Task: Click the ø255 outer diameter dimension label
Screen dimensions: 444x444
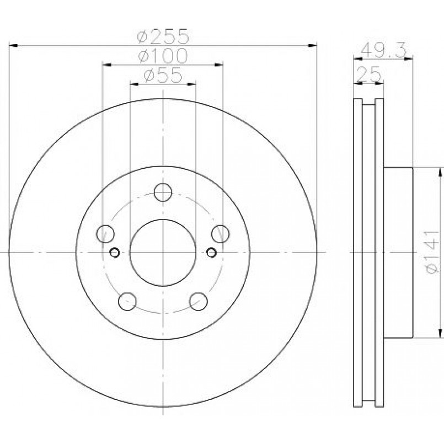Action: point(163,36)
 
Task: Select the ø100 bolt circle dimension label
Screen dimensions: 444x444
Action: point(163,56)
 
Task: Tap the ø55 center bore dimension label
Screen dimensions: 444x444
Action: point(163,75)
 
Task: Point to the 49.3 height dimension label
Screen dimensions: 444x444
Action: point(384,50)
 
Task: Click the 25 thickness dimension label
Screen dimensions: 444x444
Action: point(368,75)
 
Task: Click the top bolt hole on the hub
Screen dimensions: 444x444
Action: point(163,192)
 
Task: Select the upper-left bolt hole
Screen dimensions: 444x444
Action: point(105,234)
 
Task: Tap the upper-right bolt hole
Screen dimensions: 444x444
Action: point(220,234)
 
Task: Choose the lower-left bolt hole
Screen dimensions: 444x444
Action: point(127,302)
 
